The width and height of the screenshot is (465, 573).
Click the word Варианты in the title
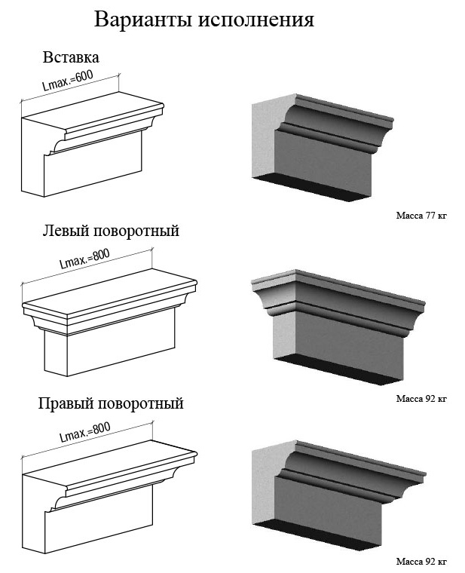pyautogui.click(x=143, y=20)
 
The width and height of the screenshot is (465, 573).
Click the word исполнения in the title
pyautogui.click(x=256, y=20)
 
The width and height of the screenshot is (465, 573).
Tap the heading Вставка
pyautogui.click(x=71, y=57)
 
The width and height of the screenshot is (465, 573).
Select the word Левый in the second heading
pyautogui.click(x=66, y=231)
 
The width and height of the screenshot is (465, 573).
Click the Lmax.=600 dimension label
pyautogui.click(x=68, y=80)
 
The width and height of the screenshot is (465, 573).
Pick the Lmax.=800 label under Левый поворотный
pyautogui.click(x=84, y=259)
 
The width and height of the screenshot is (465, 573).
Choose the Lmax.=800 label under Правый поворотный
pyautogui.click(x=85, y=432)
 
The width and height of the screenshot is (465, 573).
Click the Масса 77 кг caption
pyautogui.click(x=421, y=215)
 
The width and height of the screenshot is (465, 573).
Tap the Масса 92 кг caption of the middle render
pyautogui.click(x=421, y=398)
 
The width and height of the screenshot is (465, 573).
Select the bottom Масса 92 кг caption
pyautogui.click(x=421, y=561)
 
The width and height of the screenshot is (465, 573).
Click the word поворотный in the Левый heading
pyautogui.click(x=136, y=231)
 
